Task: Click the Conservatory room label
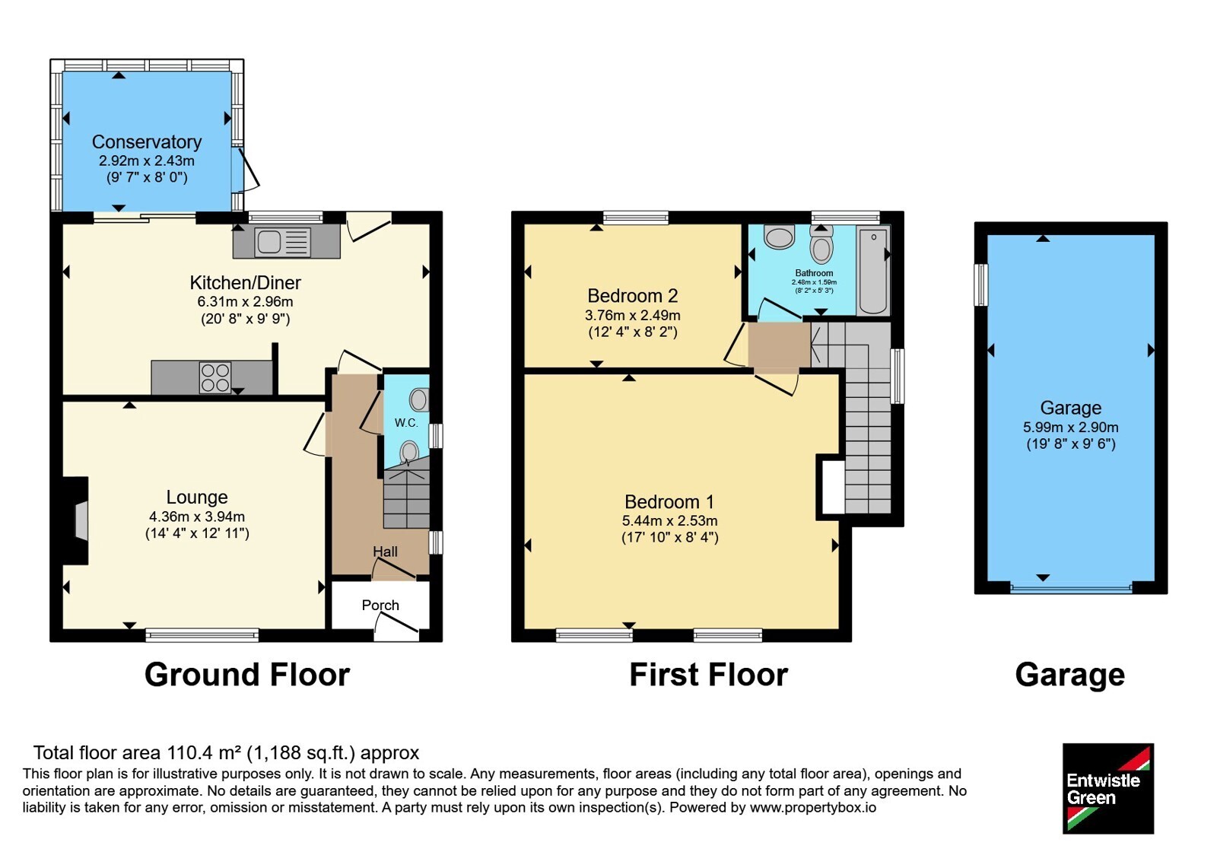tap(147, 141)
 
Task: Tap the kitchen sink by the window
tap(282, 242)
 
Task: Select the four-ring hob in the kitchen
tap(216, 377)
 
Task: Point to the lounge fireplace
tap(76, 520)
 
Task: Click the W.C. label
tap(406, 423)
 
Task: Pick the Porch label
tap(380, 606)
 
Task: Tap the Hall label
tap(385, 552)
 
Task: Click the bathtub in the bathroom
tap(873, 270)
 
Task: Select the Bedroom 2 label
tap(633, 296)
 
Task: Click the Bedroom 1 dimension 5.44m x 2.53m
tap(670, 520)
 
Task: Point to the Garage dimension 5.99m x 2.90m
tap(1071, 427)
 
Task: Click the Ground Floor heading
tap(247, 674)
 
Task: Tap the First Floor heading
tap(708, 674)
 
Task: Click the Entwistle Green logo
tap(1108, 788)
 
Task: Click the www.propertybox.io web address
tap(813, 807)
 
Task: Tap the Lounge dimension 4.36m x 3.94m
tap(197, 517)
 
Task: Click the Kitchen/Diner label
tap(245, 282)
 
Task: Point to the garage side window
tap(980, 285)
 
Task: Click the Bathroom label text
tap(814, 273)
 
